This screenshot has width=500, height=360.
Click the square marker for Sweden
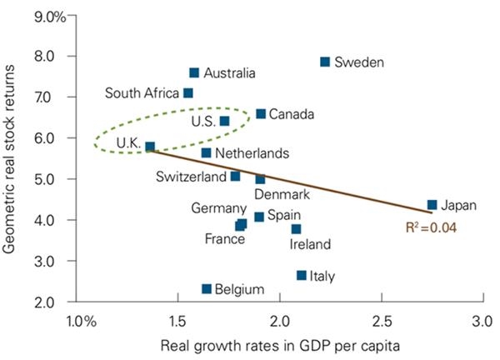(325, 62)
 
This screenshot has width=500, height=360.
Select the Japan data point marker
(432, 204)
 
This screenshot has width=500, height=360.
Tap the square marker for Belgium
(207, 289)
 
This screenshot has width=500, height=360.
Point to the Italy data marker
(302, 275)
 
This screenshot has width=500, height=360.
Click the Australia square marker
(194, 72)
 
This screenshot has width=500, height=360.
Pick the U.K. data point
(150, 147)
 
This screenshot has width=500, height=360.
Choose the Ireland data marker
(296, 228)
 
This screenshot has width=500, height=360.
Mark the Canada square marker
(261, 113)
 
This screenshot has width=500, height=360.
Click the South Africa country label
(140, 93)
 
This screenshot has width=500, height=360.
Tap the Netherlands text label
(252, 153)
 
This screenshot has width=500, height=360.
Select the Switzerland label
(191, 177)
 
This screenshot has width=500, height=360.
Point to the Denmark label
(282, 194)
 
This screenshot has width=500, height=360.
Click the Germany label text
(218, 208)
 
